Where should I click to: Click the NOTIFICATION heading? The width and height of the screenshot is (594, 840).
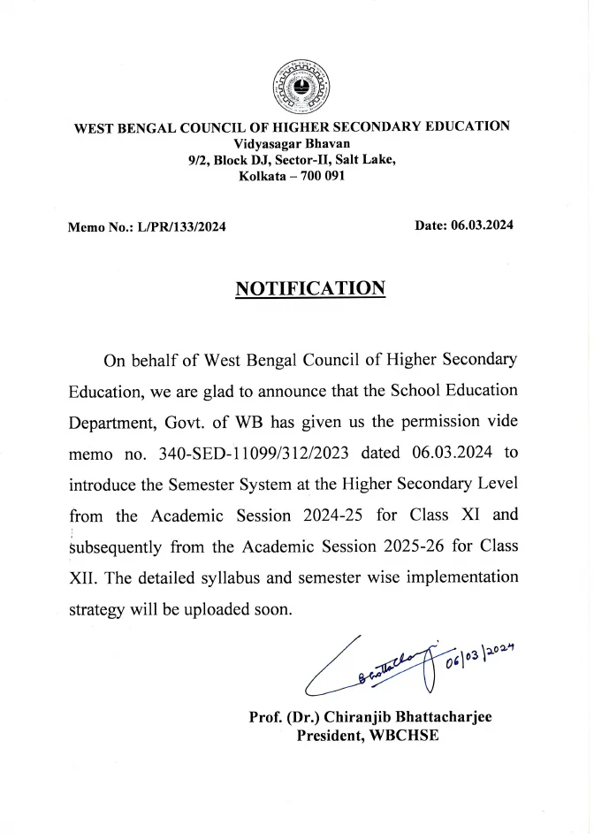tap(309, 289)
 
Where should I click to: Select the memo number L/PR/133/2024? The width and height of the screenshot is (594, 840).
tap(181, 227)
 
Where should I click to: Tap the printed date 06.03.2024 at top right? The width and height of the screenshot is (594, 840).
tap(482, 225)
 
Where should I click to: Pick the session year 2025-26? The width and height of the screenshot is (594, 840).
tap(399, 546)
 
